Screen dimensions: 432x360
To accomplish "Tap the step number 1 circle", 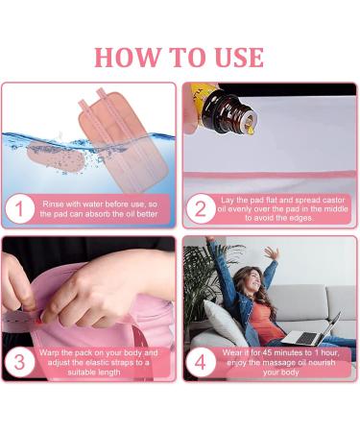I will coord(18,208).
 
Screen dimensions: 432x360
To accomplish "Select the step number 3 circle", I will coord(18,362).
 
